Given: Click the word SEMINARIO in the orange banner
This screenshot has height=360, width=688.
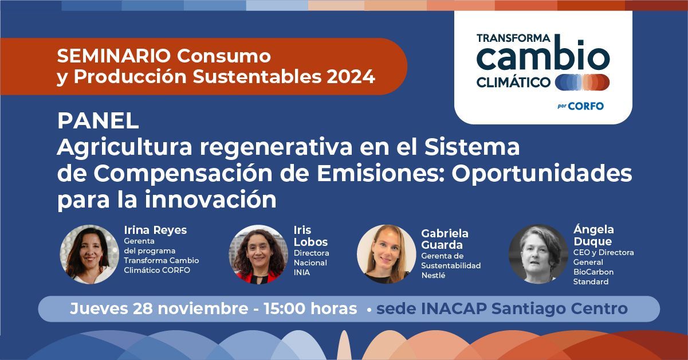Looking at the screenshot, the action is [114, 56].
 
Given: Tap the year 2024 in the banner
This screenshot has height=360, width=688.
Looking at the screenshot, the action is [351, 77].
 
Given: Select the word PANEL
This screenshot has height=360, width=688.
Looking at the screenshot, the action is [98, 121].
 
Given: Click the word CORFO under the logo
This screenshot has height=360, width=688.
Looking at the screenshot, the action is [585, 107].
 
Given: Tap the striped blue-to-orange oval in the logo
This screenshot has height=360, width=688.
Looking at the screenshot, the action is [583, 83].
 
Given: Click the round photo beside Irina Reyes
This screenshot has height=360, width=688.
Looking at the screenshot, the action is [89, 254].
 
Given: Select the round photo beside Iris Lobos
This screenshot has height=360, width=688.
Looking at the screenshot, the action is [258, 255].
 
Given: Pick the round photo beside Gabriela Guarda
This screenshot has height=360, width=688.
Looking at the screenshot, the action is [386, 254].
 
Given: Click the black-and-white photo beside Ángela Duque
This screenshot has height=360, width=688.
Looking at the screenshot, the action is [538, 254].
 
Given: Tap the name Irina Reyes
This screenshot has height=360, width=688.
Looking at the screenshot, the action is [155, 230].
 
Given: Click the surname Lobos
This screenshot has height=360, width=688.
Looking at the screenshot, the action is [311, 242].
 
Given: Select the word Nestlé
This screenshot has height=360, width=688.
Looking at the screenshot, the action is [434, 276].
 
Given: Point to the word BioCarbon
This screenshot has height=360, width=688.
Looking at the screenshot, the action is [593, 272].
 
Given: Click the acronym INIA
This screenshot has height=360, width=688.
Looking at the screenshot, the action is [302, 273].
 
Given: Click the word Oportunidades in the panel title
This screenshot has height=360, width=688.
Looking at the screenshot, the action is [541, 174].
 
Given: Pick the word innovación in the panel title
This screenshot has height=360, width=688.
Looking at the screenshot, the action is [211, 199].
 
